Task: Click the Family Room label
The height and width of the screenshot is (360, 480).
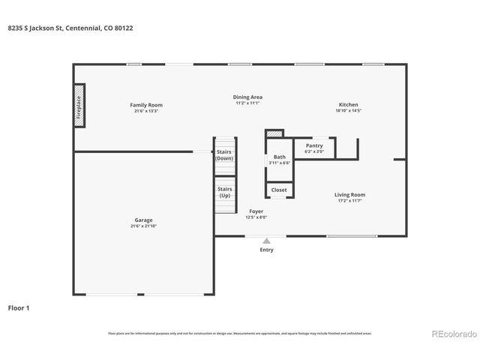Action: (x=147, y=105)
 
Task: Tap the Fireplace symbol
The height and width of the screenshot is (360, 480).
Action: (x=78, y=107)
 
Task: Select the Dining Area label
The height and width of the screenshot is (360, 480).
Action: (x=247, y=97)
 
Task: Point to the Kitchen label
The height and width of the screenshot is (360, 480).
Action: (x=348, y=105)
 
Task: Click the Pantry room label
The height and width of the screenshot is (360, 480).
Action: (x=314, y=145)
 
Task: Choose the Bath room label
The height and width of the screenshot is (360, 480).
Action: (x=279, y=157)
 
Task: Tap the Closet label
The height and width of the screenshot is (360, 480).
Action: (x=279, y=190)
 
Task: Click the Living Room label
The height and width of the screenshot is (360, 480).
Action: (x=349, y=195)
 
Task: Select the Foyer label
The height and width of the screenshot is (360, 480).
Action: (x=256, y=211)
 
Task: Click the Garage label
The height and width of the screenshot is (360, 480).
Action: (x=143, y=220)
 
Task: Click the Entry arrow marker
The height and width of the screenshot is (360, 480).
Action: (x=266, y=241)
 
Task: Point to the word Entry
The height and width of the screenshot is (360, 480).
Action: (x=266, y=250)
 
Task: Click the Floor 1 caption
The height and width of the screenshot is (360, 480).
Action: (x=19, y=307)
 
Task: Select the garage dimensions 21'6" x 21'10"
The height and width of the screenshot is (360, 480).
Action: (x=143, y=226)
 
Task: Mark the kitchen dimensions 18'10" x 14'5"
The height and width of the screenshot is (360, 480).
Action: (x=348, y=111)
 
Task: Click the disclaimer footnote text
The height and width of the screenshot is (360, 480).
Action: (x=240, y=333)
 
